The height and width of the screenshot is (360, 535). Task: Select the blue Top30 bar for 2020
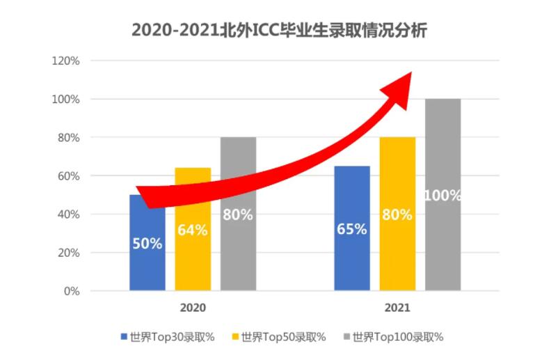click(147, 265)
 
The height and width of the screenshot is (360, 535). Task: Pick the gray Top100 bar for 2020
click(238, 251)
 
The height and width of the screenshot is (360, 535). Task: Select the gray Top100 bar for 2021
click(443, 244)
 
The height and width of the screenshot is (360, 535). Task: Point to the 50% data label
click(147, 244)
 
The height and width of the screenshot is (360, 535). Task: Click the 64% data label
click(193, 230)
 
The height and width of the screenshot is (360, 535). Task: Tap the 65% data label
click(352, 229)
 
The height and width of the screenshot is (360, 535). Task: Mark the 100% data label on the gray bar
click(443, 196)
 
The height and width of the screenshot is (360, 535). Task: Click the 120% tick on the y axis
click(66, 61)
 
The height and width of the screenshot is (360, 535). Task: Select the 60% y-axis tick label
click(68, 176)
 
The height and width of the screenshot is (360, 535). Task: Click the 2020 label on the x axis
click(193, 307)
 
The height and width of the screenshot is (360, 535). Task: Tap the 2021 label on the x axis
click(397, 307)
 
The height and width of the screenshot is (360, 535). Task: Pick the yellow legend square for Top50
click(236, 337)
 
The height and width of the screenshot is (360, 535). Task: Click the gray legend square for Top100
click(346, 337)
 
